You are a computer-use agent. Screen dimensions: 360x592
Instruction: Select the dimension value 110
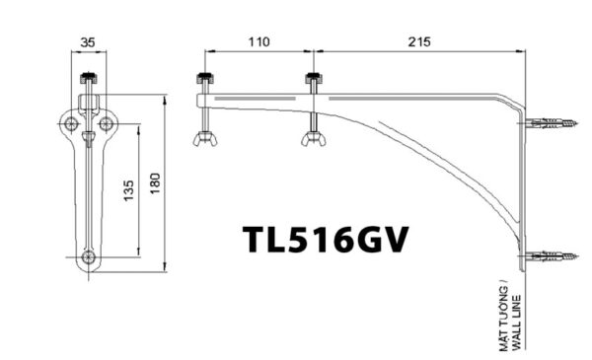(259, 42)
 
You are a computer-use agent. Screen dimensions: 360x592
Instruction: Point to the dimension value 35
(89, 42)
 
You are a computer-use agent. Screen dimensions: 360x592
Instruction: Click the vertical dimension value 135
(129, 191)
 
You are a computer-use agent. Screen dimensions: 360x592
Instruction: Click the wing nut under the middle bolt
(313, 137)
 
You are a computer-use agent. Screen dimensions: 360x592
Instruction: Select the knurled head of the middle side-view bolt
(313, 78)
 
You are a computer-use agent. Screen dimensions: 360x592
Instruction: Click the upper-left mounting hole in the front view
(71, 122)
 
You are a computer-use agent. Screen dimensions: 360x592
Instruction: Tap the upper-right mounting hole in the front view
(107, 122)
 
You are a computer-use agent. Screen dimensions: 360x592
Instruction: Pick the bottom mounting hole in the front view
(90, 258)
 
